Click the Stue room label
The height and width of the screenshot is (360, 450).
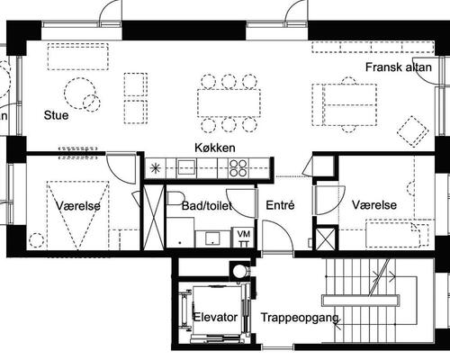(56, 115)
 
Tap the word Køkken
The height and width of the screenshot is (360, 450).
(215, 148)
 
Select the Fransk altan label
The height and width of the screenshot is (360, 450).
(399, 67)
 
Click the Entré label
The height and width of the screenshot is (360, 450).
(280, 205)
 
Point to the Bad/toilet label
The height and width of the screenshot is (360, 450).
(207, 206)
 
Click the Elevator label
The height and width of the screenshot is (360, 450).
(215, 317)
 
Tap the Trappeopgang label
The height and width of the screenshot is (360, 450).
(300, 318)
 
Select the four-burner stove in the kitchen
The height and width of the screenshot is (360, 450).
(238, 168)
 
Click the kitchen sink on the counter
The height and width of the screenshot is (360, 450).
(186, 167)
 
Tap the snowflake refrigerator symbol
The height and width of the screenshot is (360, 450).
(156, 168)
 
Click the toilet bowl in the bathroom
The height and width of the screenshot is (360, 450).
(175, 198)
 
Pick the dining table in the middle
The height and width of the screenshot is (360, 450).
(229, 103)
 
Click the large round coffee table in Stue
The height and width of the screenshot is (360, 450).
(80, 94)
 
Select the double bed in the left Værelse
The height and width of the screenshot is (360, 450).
(78, 215)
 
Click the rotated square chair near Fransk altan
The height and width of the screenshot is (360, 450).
(413, 131)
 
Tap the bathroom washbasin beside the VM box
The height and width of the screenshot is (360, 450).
(212, 238)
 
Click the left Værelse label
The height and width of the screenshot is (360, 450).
(78, 206)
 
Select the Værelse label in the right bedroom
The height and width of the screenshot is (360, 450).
(374, 205)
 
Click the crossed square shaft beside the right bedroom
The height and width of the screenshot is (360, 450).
(326, 239)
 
